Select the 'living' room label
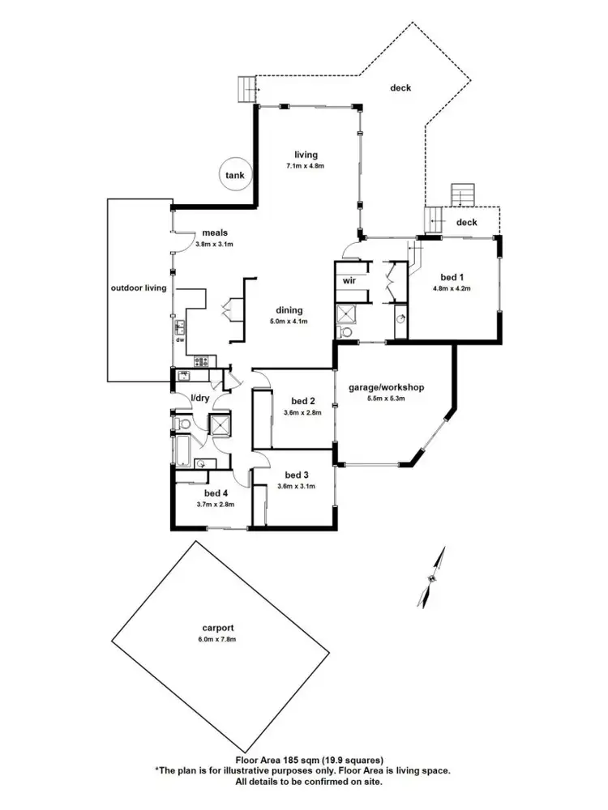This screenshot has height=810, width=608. coord(306,155)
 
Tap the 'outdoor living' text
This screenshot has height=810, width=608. coord(139,288)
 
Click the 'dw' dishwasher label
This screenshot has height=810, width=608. coord(178,339)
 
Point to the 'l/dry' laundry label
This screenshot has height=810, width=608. coord(200,398)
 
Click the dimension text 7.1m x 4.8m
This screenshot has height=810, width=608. coord(305,166)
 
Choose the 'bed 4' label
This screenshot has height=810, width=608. coord(215,493)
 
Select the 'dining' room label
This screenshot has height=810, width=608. coord(289,309)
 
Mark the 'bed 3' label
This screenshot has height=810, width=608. coord(296,475)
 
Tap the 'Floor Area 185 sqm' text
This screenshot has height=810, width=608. coord(303,761)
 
